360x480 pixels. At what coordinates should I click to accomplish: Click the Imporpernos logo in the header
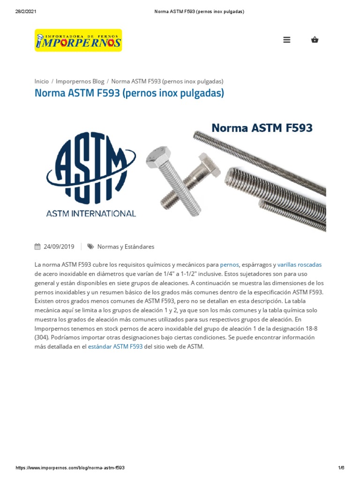point(78,40)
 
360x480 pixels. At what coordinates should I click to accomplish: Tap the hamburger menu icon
point(287,40)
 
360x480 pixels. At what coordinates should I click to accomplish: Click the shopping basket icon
point(315,40)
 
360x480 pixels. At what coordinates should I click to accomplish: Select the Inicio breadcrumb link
point(42,81)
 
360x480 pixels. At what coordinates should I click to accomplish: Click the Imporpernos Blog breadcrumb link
point(80,81)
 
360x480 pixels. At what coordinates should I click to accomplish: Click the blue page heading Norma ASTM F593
point(129,93)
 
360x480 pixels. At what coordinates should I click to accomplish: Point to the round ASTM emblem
point(91,168)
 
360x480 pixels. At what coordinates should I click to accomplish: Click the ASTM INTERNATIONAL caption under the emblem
point(91,213)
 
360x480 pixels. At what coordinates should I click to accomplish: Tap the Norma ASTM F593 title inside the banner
point(262,127)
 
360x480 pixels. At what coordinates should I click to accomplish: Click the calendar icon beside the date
point(37,247)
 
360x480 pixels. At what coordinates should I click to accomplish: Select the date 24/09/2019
point(59,247)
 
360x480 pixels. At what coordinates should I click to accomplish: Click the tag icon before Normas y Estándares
point(90,247)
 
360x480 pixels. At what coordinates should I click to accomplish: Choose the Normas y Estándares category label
point(126,247)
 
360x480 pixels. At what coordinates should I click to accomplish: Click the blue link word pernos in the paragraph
point(229,265)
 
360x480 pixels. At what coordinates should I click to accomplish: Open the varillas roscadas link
point(300,265)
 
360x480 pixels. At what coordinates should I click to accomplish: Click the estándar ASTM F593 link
point(115,347)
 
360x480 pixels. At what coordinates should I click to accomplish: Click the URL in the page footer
point(70,468)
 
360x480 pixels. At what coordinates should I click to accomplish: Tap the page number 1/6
point(341,468)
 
